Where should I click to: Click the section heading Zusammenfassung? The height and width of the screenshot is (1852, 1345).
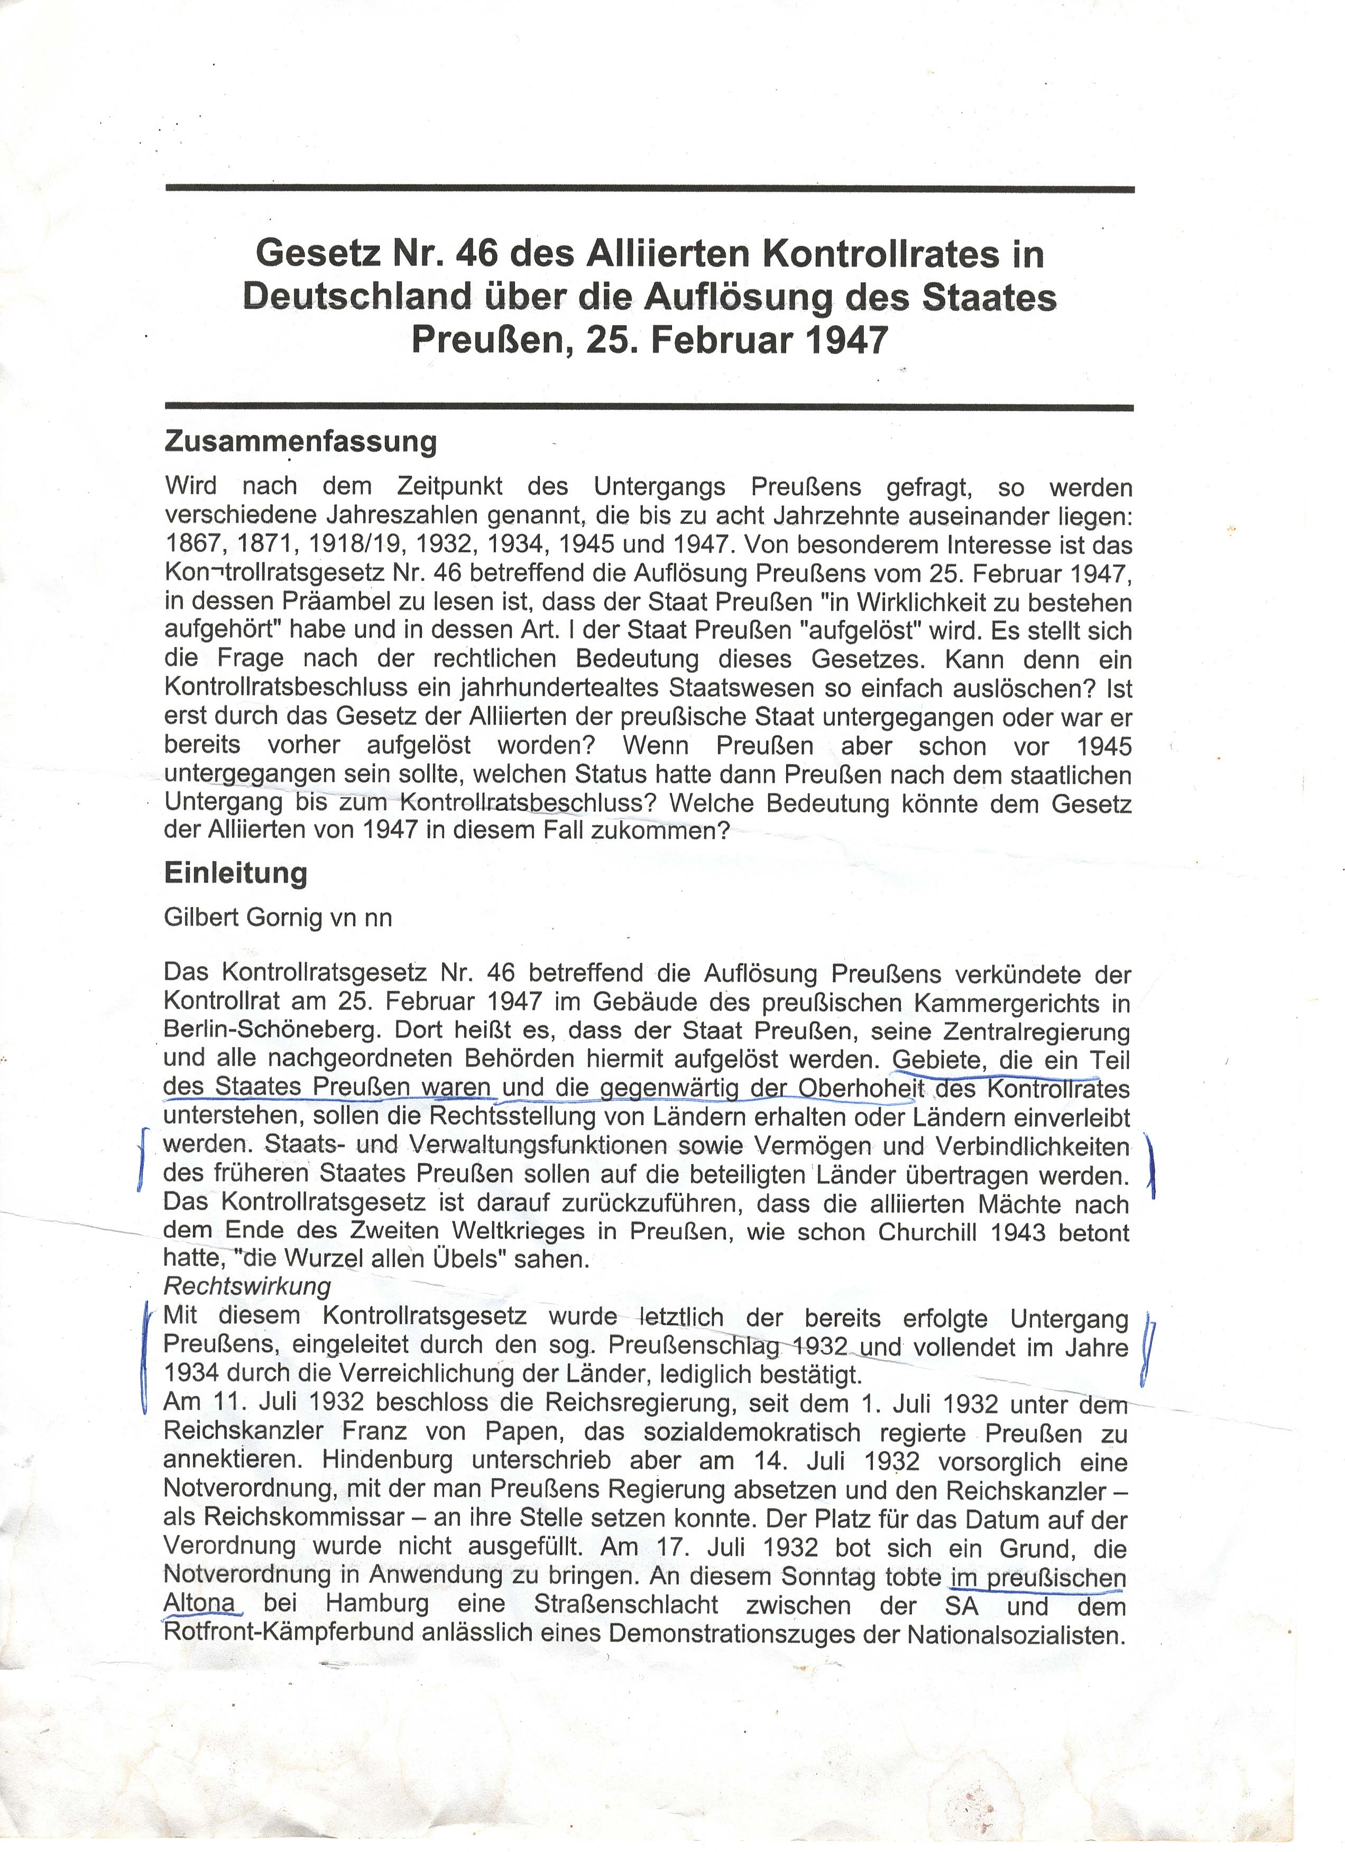tap(300, 442)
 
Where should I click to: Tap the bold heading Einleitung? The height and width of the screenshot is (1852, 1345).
tap(235, 873)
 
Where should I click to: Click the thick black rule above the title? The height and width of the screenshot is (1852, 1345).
tap(649, 189)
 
